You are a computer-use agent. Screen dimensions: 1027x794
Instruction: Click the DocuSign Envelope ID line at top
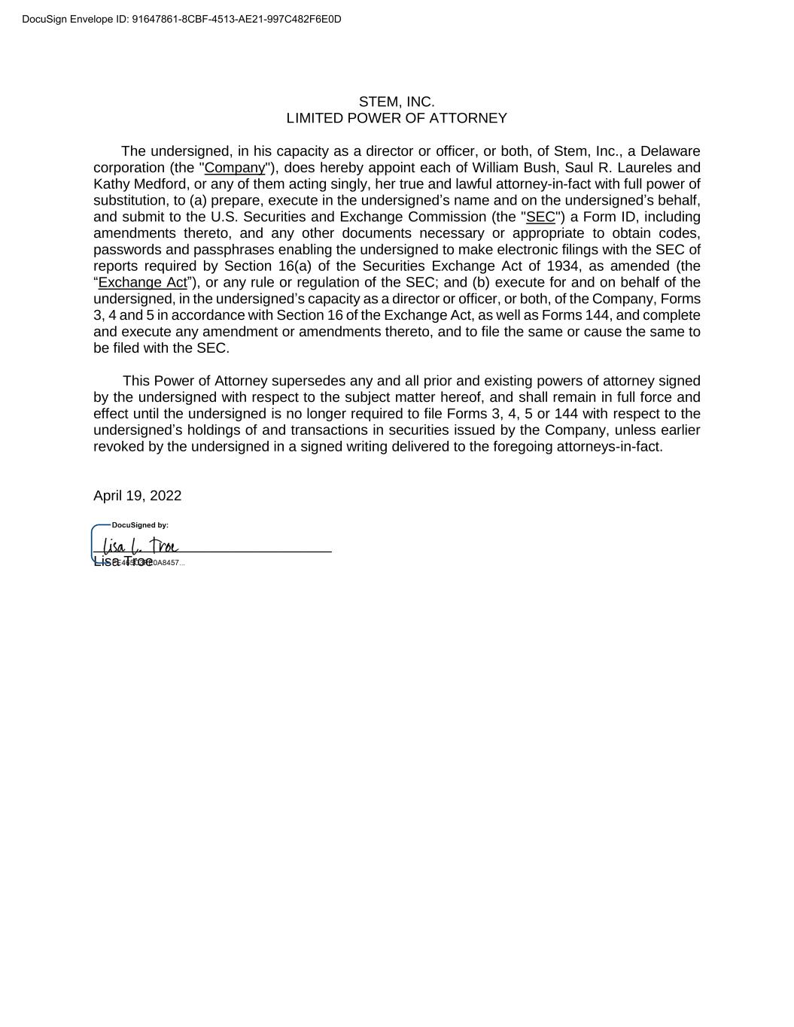click(x=181, y=19)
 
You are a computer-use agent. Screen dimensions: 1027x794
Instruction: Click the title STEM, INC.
click(x=397, y=102)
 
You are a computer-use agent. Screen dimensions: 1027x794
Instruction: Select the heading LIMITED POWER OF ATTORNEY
click(x=397, y=118)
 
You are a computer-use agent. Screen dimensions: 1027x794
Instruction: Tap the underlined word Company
click(x=235, y=168)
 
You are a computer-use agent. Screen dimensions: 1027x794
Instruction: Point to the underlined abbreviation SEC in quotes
click(x=540, y=217)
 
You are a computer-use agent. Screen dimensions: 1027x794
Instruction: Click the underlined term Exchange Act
click(x=142, y=282)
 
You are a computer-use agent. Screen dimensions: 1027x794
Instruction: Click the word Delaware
click(x=670, y=151)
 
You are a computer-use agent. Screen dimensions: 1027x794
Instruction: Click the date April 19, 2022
click(x=137, y=495)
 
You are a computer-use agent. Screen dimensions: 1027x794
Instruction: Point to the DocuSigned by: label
click(x=140, y=525)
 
